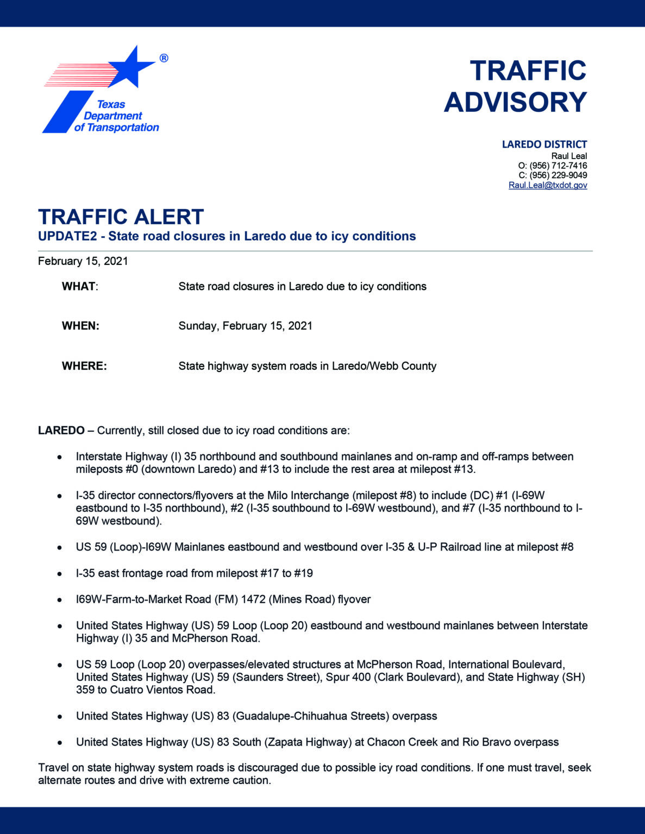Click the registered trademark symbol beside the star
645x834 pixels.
tap(164, 58)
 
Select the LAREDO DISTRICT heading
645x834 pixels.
tap(544, 144)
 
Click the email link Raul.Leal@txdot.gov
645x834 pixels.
tap(548, 185)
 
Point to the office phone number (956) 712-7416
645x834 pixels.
tap(558, 166)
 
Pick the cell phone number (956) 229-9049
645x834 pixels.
tap(558, 175)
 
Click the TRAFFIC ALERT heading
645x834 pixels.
tap(121, 217)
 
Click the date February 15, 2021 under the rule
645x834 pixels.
tap(83, 261)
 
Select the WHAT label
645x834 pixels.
tap(79, 287)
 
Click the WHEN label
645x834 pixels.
tap(80, 326)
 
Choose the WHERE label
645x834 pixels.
tap(84, 367)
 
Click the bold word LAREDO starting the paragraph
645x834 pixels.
tap(61, 431)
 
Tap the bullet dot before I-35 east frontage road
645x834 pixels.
tap(60, 574)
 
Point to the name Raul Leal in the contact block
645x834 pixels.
tap(569, 156)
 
